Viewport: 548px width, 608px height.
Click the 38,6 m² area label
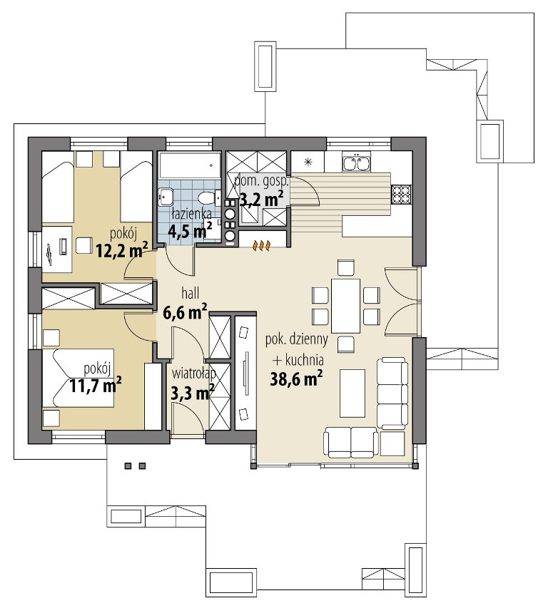tap(296, 379)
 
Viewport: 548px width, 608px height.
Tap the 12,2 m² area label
tap(122, 250)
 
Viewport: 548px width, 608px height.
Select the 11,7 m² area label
tap(96, 385)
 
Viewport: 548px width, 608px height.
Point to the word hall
tap(191, 294)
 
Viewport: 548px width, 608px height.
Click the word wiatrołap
tap(193, 373)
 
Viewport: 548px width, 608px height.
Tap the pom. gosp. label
tap(261, 182)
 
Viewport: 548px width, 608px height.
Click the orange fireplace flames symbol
tap(262, 245)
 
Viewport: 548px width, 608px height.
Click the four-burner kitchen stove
tap(401, 193)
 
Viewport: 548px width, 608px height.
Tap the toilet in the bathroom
tap(209, 197)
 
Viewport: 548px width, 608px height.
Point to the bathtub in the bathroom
tap(190, 165)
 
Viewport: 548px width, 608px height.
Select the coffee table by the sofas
tap(352, 393)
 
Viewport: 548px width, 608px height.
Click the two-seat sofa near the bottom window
tap(351, 442)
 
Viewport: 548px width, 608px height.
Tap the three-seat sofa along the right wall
tap(392, 393)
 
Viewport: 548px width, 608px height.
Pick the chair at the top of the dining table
tap(345, 267)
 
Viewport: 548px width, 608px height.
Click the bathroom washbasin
tap(166, 197)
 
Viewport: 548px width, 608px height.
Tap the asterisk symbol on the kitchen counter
tap(308, 162)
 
